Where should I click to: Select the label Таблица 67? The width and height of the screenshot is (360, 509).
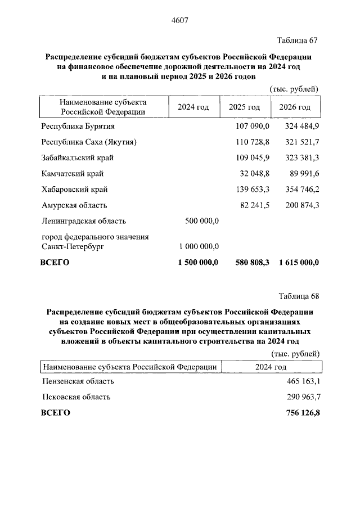click(298, 40)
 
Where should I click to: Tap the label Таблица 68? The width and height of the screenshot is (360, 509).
click(298, 296)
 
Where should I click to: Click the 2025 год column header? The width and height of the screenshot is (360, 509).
click(244, 107)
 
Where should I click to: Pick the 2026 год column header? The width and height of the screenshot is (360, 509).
click(295, 107)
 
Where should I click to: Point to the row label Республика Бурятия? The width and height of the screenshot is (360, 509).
click(78, 126)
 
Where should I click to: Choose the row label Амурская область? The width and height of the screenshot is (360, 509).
click(74, 205)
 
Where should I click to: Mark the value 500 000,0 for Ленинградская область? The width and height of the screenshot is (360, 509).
click(201, 221)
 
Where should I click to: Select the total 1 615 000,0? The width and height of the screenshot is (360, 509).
click(298, 262)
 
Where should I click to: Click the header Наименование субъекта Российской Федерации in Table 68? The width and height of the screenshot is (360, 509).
click(130, 367)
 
